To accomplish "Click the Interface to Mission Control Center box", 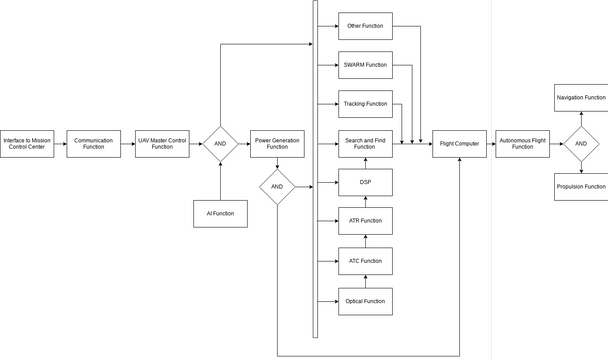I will pyautogui.click(x=27, y=144).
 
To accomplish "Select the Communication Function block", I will pyautogui.click(x=94, y=144).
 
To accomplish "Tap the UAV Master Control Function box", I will pyautogui.click(x=162, y=144).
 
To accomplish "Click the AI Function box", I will pyautogui.click(x=220, y=213).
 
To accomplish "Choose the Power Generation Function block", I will pyautogui.click(x=277, y=144).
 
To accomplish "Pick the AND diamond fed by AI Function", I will pyautogui.click(x=220, y=144).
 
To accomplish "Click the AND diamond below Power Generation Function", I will pyautogui.click(x=277, y=186).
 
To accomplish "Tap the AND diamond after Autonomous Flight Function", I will pyautogui.click(x=580, y=144).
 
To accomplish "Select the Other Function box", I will pyautogui.click(x=365, y=26).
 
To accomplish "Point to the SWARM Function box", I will pyautogui.click(x=365, y=65).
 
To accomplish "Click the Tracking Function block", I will pyautogui.click(x=365, y=104).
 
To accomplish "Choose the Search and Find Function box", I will pyautogui.click(x=365, y=144).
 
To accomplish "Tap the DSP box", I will pyautogui.click(x=365, y=183).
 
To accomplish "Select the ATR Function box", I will pyautogui.click(x=365, y=221).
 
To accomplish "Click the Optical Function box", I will pyautogui.click(x=365, y=301).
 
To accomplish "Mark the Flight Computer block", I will pyautogui.click(x=460, y=144).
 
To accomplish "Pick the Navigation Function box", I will pyautogui.click(x=581, y=98).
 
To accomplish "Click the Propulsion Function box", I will pyautogui.click(x=581, y=187).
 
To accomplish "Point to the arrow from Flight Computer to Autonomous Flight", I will pyautogui.click(x=491, y=144).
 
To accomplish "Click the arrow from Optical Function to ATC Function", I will pyautogui.click(x=365, y=281).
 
